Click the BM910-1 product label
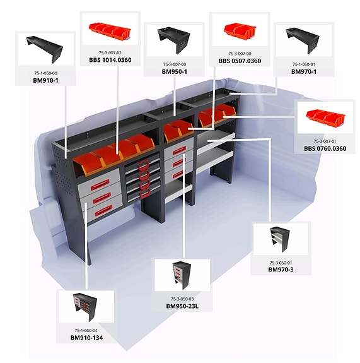click(45, 80)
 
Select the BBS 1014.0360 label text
click(110, 60)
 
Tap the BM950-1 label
click(175, 71)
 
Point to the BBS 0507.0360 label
click(240, 61)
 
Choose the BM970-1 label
click(304, 71)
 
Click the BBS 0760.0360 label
click(325, 148)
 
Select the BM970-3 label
click(281, 270)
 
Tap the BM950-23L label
click(182, 306)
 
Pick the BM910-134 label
click(86, 338)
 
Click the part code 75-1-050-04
click(86, 330)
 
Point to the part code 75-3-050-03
click(182, 299)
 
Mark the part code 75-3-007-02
click(110, 53)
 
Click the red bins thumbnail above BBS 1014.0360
click(110, 31)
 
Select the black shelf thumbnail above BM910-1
click(44, 49)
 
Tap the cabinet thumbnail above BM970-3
click(280, 239)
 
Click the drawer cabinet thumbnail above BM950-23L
click(182, 275)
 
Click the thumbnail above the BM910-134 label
click(85, 307)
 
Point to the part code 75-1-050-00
click(45, 73)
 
